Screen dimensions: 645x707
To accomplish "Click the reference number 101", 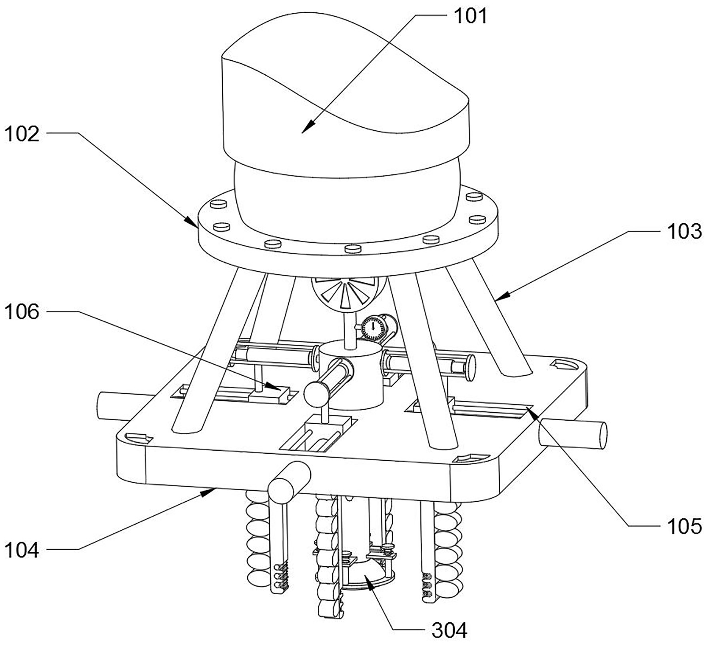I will click(x=470, y=16).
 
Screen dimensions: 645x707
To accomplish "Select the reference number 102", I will click(x=22, y=134).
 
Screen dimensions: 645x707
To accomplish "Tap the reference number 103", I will click(x=684, y=232).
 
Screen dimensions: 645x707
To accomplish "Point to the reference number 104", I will click(x=22, y=550).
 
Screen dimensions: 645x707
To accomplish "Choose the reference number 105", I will click(x=684, y=526).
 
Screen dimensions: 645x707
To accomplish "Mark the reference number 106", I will click(x=22, y=312).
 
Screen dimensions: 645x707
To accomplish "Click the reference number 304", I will click(x=449, y=631).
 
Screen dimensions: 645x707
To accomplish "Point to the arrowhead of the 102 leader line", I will click(x=194, y=224).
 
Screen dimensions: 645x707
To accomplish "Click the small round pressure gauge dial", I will click(x=373, y=328).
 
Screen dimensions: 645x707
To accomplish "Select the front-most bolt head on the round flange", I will click(x=352, y=249).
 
